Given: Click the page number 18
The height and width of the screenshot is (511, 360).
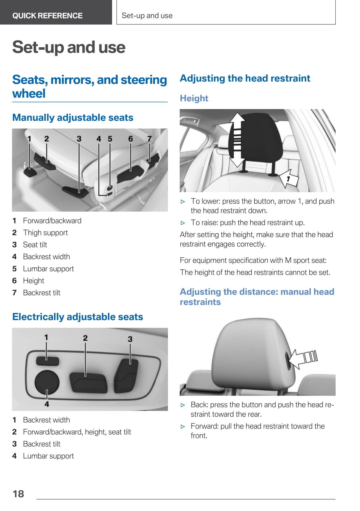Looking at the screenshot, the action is click(x=18, y=494).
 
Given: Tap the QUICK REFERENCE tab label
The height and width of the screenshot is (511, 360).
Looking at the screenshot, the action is click(x=48, y=16).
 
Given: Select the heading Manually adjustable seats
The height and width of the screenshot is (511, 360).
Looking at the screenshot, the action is click(x=73, y=117).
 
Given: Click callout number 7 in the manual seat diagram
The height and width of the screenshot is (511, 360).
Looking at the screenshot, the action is click(x=149, y=139).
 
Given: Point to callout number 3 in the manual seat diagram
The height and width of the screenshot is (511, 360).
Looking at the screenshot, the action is click(x=79, y=139).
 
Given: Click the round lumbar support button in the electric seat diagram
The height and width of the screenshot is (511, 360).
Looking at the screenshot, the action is click(x=47, y=382).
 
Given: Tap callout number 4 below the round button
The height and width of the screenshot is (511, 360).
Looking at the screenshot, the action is click(x=47, y=404).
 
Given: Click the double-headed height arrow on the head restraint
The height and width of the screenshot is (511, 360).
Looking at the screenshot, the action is click(x=237, y=140).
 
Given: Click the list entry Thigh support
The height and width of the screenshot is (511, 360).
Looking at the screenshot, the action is click(x=45, y=233).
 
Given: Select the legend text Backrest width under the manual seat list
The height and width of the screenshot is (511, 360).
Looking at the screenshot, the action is click(x=47, y=257).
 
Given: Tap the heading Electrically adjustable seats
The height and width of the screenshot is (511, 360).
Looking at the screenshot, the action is click(x=77, y=317).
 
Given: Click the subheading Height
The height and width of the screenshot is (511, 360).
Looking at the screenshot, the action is click(x=194, y=98).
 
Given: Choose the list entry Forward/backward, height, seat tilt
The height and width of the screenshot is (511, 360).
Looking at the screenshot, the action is click(x=77, y=432).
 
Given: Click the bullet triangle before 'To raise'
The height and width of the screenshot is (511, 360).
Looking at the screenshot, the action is click(x=183, y=223).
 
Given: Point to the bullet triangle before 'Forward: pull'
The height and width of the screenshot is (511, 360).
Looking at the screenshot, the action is click(x=183, y=427).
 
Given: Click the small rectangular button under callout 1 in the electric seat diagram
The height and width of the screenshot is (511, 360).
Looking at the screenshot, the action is click(x=48, y=361).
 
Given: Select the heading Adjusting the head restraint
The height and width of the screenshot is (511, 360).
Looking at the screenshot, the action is click(x=245, y=78).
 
